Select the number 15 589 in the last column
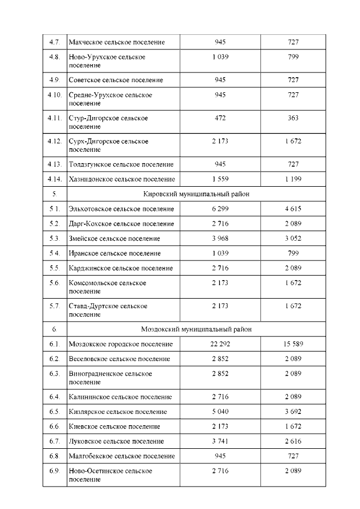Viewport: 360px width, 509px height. coord(292,344)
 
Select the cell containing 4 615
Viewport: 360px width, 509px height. coord(292,209)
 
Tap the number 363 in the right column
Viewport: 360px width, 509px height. coord(292,118)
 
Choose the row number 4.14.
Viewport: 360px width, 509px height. coord(55,179)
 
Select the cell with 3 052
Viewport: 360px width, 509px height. coord(292,238)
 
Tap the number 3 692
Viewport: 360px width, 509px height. coord(292,412)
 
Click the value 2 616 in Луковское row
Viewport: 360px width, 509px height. coord(292,442)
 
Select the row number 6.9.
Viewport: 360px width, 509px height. coord(55,470)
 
